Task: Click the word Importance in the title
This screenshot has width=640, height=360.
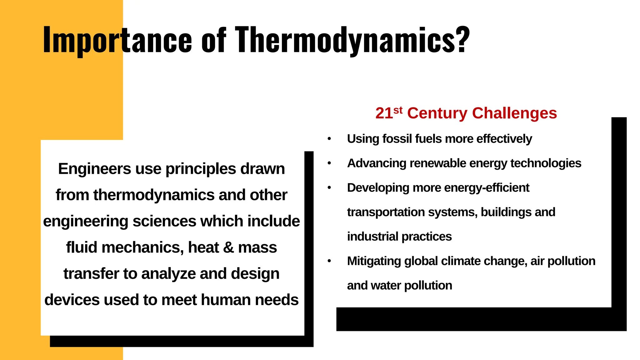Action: [x=117, y=40]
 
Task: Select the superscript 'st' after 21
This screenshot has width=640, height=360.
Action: [x=398, y=110]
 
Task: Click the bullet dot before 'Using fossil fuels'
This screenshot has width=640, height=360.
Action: [x=329, y=139]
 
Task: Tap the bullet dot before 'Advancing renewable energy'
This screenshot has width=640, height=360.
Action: [x=329, y=163]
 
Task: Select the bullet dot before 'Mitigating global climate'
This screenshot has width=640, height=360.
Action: [x=329, y=261]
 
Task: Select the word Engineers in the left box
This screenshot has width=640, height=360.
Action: [x=94, y=169]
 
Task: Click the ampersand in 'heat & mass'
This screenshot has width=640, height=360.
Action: [x=228, y=247]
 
